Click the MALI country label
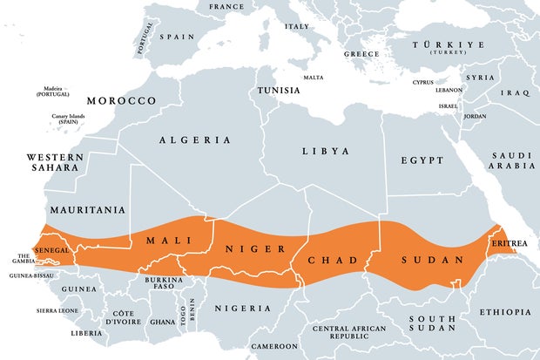168,241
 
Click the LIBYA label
326,151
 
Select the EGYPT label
422,160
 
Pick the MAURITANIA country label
87,210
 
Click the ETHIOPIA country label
504,312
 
